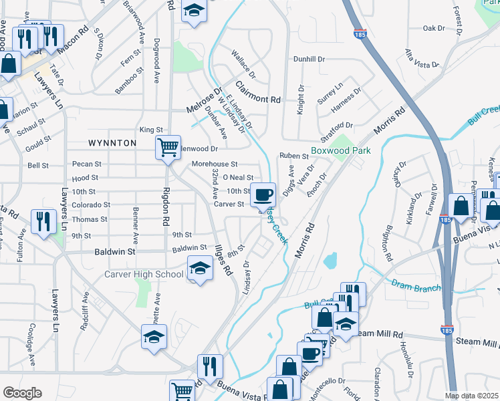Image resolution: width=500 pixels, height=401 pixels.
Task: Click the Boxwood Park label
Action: click(x=341, y=151)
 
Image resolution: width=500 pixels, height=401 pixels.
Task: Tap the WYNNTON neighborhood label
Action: click(x=112, y=143)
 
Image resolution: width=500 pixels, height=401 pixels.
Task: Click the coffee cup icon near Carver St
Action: click(x=262, y=194)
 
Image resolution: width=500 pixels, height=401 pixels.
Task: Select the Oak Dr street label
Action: click(x=434, y=28)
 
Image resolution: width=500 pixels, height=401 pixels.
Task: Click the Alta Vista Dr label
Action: click(x=421, y=59)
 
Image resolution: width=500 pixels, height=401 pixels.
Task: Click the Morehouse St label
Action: click(x=215, y=164)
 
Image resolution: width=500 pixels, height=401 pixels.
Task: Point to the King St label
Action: click(x=151, y=130)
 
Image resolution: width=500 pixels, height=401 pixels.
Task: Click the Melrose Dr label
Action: click(x=203, y=104)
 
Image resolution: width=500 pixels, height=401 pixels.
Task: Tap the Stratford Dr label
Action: click(x=336, y=125)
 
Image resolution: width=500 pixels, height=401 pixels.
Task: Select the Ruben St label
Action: click(x=293, y=156)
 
